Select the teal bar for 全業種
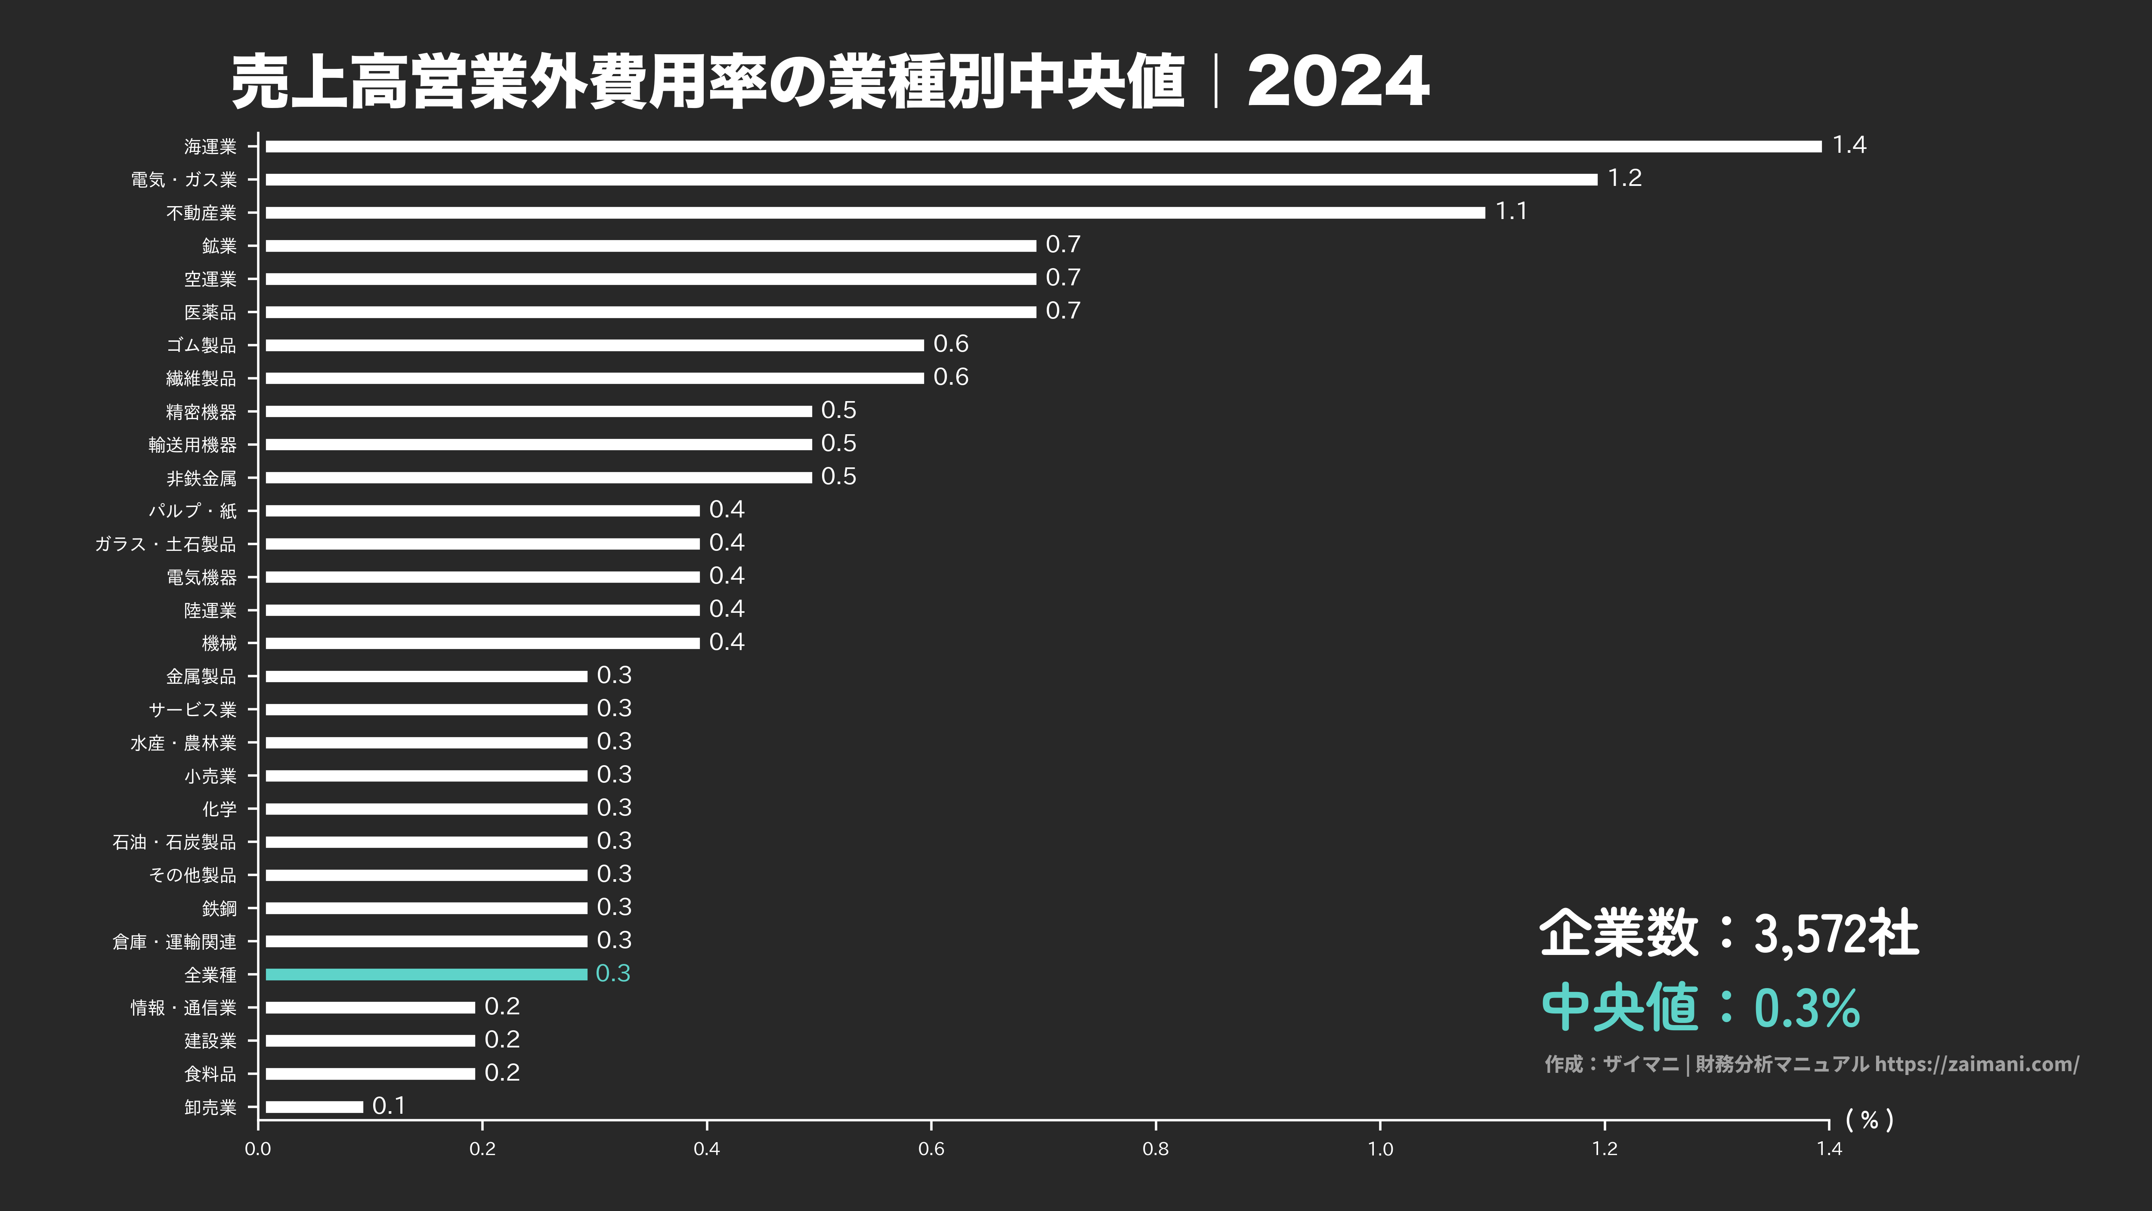[426, 974]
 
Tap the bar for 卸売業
[314, 1106]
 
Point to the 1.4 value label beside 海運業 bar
[1849, 145]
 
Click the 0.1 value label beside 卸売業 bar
[389, 1106]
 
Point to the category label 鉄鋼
[219, 908]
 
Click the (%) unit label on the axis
[1870, 1120]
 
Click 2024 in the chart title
[1338, 82]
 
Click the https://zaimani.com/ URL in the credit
[1976, 1064]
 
